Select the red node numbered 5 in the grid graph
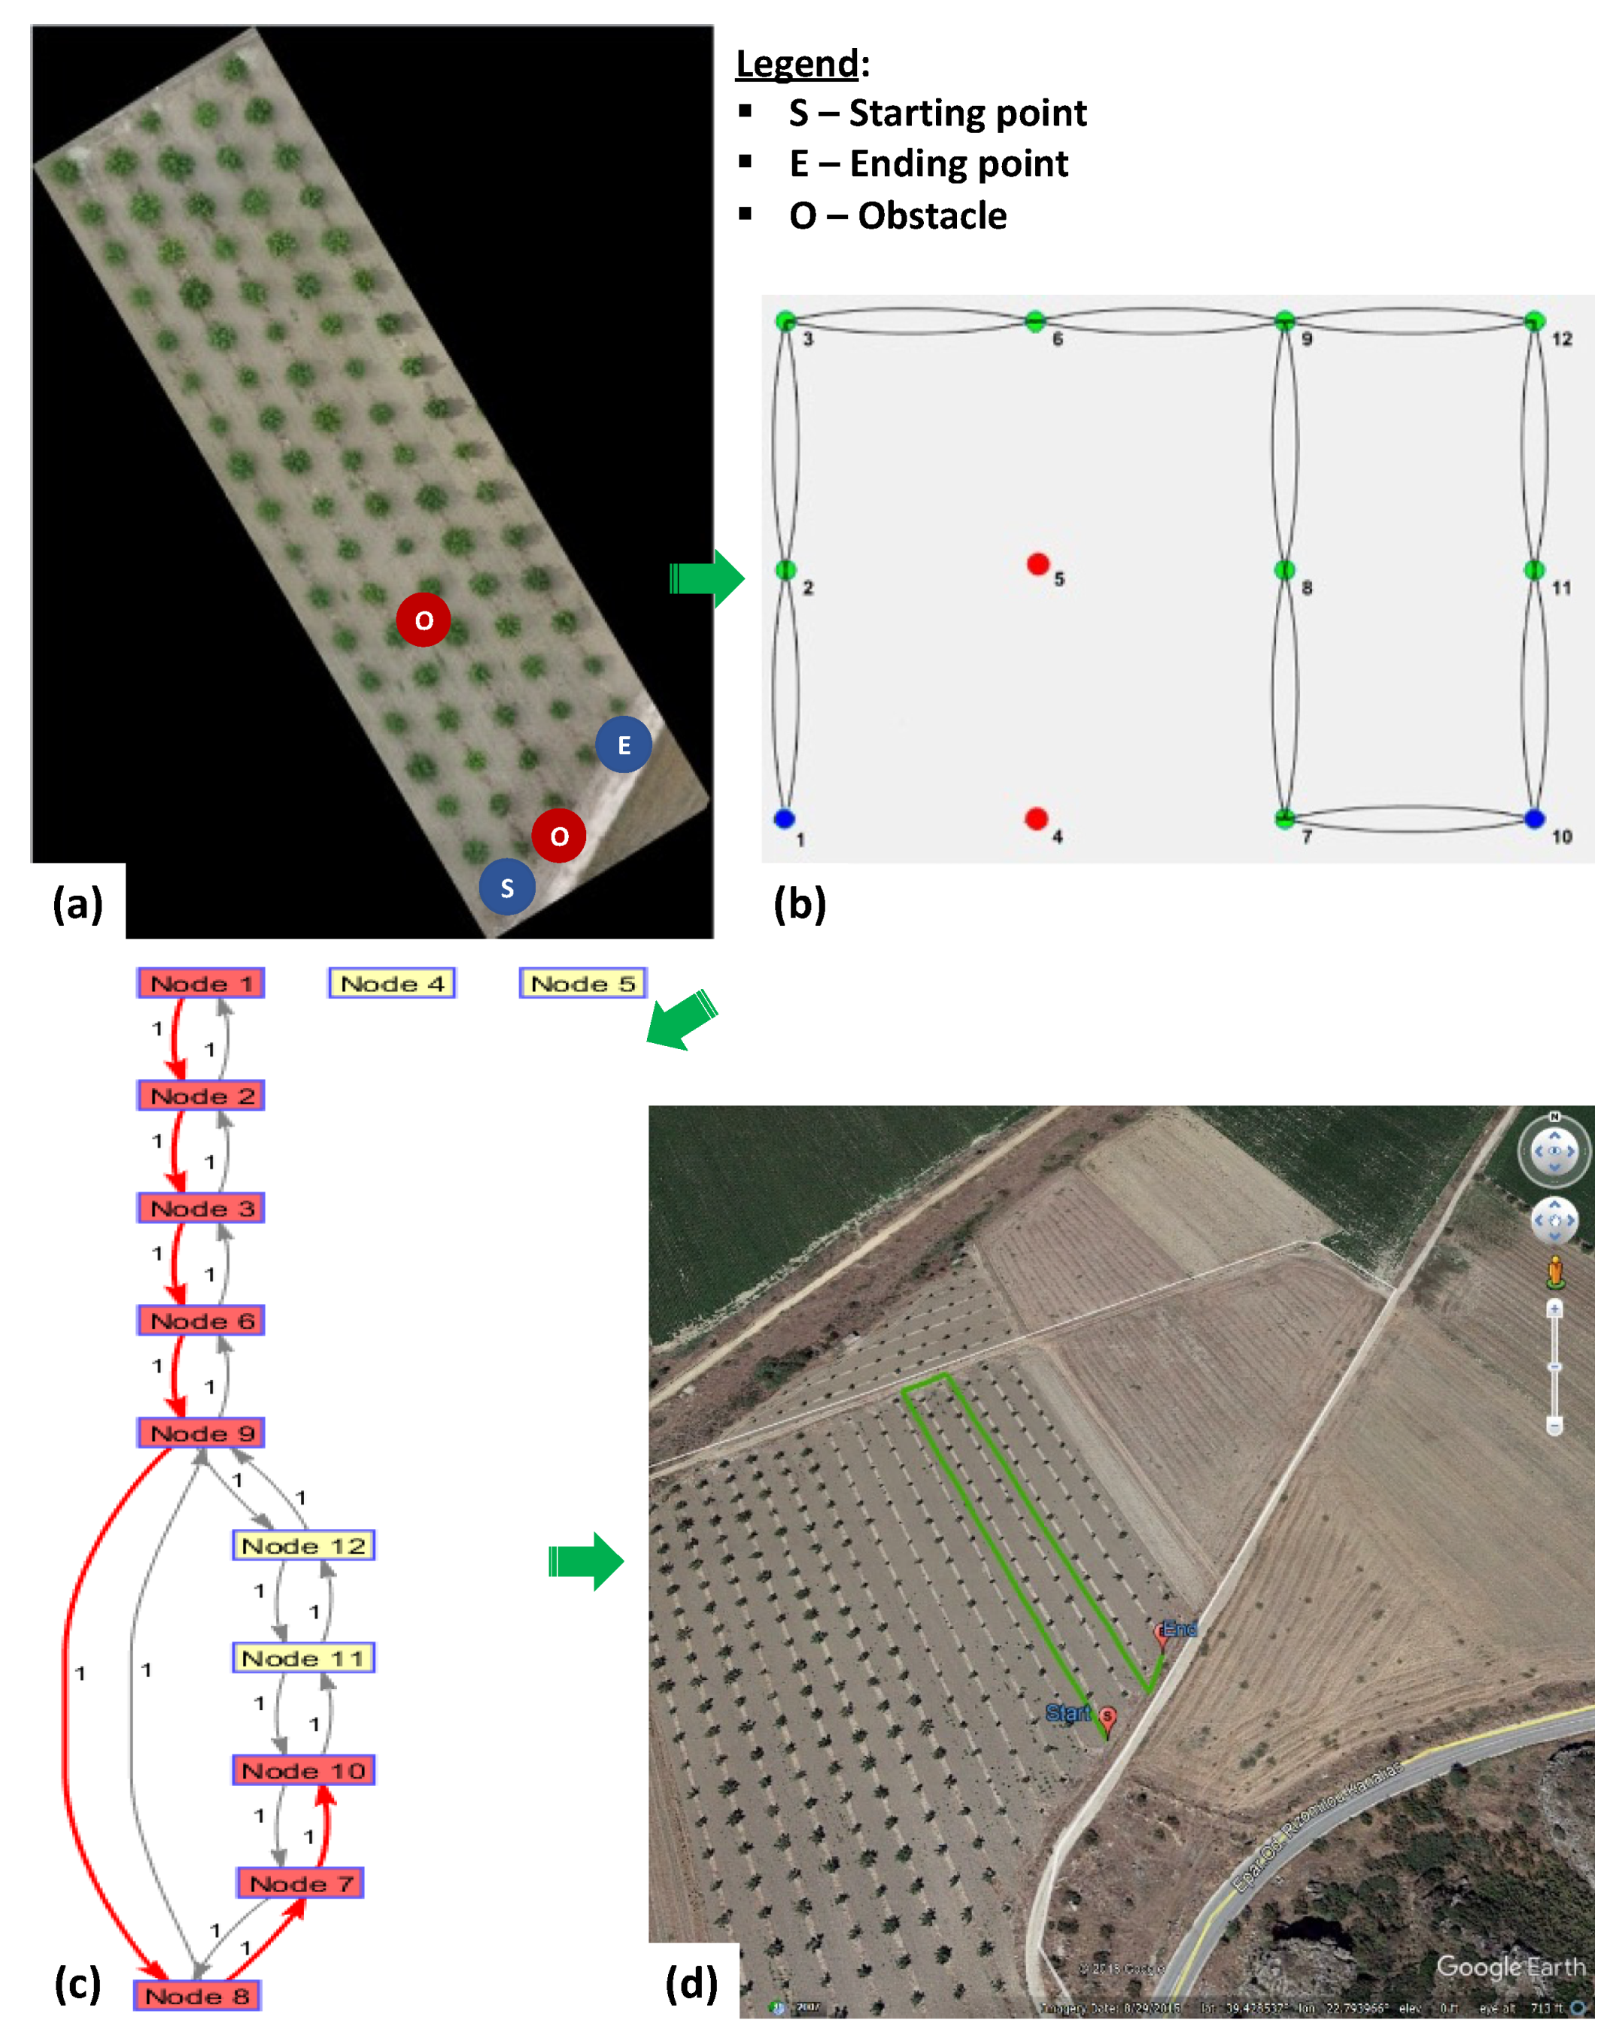pos(1037,564)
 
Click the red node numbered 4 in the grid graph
pos(1036,818)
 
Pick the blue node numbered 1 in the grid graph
pos(784,818)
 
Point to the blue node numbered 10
pos(1535,819)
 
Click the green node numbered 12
pos(1535,321)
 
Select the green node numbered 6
pos(1035,321)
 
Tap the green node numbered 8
pos(1284,569)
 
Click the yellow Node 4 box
pos(392,984)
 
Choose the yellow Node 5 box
pos(583,984)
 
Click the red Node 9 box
pos(201,1433)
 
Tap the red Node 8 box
pos(197,1996)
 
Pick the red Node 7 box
pos(300,1884)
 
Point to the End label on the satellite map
pos(1180,1628)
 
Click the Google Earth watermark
pos(1510,1967)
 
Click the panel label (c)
pos(77,1983)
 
